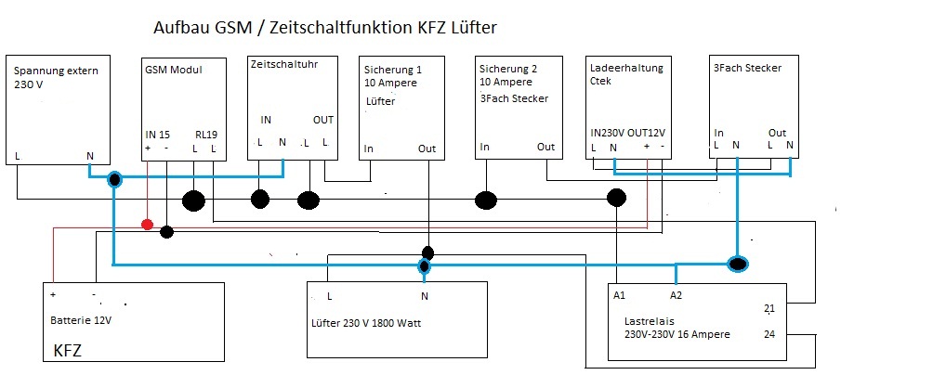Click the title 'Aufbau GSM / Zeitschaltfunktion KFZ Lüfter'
[x=325, y=28]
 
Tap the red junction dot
[x=147, y=225]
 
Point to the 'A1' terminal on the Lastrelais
[x=619, y=295]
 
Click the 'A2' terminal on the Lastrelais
[x=676, y=295]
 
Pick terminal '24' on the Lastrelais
[x=769, y=334]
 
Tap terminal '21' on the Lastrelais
[x=769, y=309]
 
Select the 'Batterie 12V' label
[x=81, y=320]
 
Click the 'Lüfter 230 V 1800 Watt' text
[x=364, y=323]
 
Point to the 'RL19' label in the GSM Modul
[x=205, y=135]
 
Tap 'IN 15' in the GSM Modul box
[x=157, y=135]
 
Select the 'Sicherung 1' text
[x=393, y=70]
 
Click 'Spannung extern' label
[x=56, y=71]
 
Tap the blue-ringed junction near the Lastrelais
[x=738, y=264]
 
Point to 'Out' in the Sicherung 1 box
[x=427, y=149]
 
